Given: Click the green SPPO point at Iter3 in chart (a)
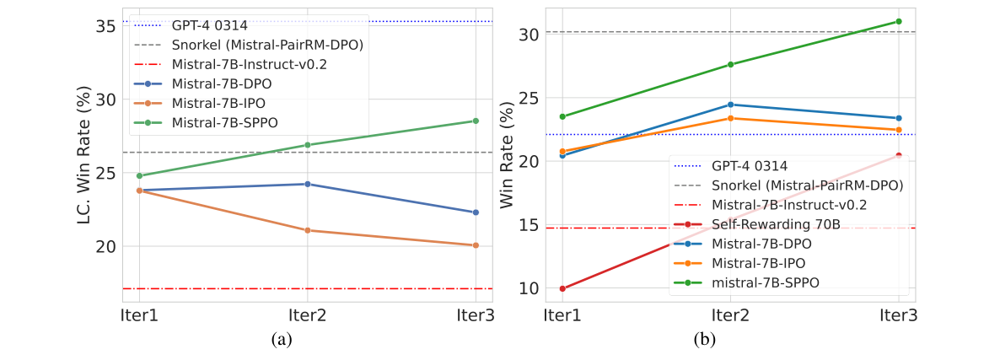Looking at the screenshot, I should coord(476,121).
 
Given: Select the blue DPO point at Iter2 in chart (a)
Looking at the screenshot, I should coord(307,184).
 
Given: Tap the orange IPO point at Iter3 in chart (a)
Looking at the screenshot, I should coord(476,245).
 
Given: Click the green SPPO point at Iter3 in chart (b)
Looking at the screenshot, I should coord(899,21).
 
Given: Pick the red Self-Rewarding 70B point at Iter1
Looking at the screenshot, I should coord(562,288).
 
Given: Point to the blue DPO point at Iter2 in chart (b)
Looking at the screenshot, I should coord(730,105).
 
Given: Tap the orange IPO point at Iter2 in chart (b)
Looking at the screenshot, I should coord(730,118).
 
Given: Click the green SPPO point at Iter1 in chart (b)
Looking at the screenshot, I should coord(562,116).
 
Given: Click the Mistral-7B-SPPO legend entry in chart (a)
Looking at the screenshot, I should coord(224,121).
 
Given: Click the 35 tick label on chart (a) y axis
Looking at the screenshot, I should coord(105,26).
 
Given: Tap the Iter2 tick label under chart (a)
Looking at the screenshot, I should coord(307,315).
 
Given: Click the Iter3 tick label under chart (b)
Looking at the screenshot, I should coord(899,315).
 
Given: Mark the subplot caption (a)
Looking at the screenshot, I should coord(282,339).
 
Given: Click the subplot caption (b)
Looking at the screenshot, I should coord(704,339).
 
